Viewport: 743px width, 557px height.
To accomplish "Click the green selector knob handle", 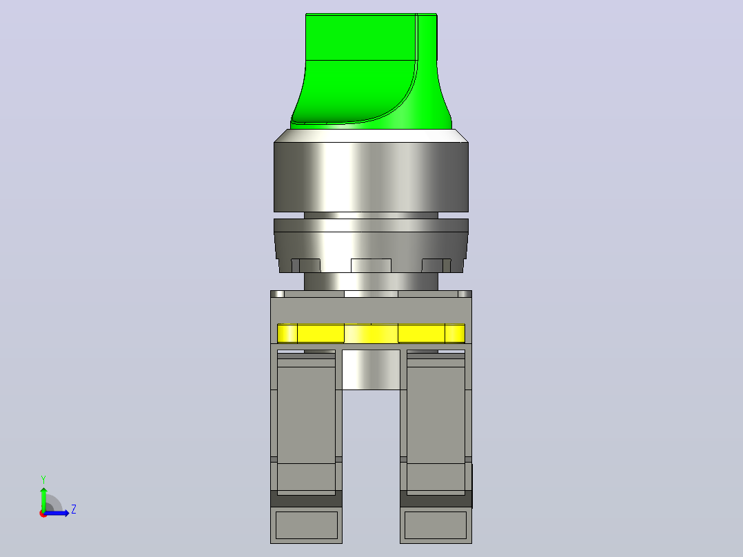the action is click(371, 71).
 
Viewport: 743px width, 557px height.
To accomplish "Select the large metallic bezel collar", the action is click(371, 176).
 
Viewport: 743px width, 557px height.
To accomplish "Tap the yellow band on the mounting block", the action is click(371, 333).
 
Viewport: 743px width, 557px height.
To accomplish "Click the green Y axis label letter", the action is click(43, 480).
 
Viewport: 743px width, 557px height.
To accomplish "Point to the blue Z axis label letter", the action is click(74, 509).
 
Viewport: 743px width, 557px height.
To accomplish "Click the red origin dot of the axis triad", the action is click(43, 514).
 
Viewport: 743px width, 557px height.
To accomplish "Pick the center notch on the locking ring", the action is click(371, 265).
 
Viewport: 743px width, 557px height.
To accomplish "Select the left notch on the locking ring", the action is click(305, 265).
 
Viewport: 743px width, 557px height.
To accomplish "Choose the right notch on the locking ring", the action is click(436, 265).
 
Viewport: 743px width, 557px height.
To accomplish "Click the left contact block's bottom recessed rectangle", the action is click(307, 525).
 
